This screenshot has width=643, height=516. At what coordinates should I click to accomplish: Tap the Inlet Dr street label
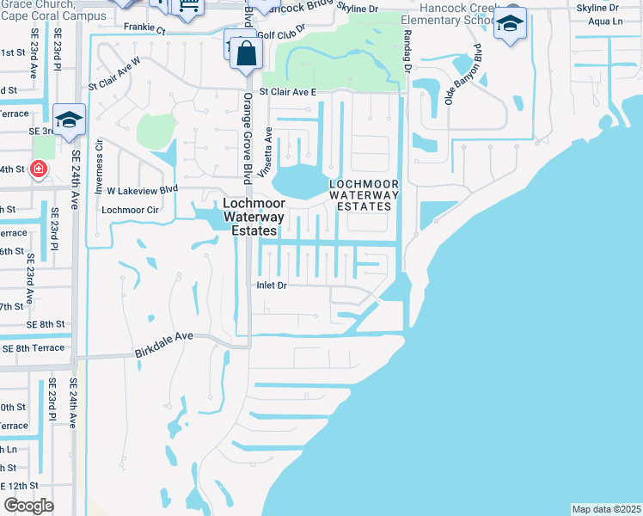(x=273, y=286)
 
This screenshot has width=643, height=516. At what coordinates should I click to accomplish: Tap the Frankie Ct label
(x=144, y=27)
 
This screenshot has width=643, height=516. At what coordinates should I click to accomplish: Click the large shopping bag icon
(x=246, y=52)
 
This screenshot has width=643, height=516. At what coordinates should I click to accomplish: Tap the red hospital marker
(x=38, y=169)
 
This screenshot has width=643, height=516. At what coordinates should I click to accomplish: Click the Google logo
(x=28, y=506)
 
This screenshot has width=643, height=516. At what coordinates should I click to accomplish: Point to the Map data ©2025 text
(x=606, y=509)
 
